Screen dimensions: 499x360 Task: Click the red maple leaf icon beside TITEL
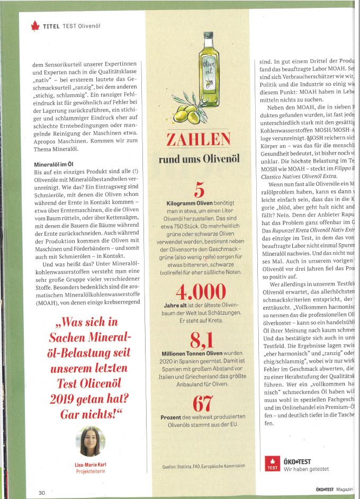tap(35, 25)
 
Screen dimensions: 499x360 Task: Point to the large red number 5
tap(199, 190)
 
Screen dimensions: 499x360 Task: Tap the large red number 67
tap(199, 404)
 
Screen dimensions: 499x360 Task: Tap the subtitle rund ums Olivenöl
tap(199, 159)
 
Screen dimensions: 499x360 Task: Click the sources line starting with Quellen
tap(204, 466)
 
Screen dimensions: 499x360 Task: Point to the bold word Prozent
tap(172, 418)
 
